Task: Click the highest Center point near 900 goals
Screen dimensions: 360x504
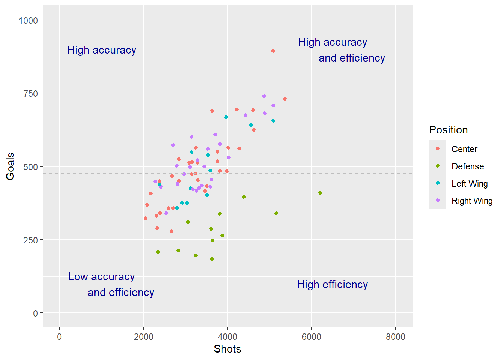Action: [x=273, y=51]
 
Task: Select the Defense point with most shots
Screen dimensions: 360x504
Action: [x=320, y=193]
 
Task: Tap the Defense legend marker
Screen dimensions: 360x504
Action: [x=438, y=166]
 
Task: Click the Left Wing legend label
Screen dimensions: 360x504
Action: [x=469, y=184]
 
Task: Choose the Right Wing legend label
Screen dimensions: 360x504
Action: [x=472, y=201]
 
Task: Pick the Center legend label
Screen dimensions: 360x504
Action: [x=464, y=149]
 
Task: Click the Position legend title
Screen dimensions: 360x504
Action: [x=448, y=130]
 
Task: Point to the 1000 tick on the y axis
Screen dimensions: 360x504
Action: [x=41, y=20]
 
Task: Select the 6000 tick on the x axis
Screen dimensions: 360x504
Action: [x=312, y=329]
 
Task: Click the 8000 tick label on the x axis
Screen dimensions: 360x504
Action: [x=396, y=337]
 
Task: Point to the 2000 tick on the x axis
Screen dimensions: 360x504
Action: [x=144, y=329]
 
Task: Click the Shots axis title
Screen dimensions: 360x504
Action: [x=227, y=349]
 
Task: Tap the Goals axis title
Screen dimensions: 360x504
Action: [x=10, y=166]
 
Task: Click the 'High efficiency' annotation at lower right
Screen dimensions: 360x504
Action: [x=332, y=285]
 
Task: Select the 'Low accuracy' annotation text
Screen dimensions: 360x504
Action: [x=101, y=277]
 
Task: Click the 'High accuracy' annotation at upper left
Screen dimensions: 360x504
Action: [x=102, y=50]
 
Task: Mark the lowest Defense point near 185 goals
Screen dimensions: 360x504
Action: [x=212, y=259]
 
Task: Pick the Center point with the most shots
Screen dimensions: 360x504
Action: [x=285, y=99]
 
